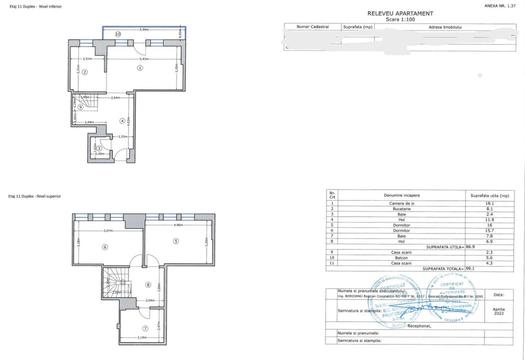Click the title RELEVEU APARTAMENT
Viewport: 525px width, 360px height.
(400, 13)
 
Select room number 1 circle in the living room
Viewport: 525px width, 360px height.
(140, 67)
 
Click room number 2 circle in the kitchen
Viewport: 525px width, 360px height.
(85, 72)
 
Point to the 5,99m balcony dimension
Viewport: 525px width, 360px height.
(145, 30)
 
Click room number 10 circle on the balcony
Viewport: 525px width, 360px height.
(118, 34)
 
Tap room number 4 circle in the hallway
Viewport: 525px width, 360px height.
(122, 120)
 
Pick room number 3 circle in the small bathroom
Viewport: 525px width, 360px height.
(99, 148)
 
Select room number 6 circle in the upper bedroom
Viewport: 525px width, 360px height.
(105, 246)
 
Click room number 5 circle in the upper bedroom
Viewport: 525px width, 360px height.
(175, 241)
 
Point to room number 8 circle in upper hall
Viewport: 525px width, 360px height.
(147, 285)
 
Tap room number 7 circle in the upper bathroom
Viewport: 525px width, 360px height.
(145, 328)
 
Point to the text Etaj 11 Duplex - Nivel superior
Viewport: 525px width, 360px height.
(35, 196)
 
